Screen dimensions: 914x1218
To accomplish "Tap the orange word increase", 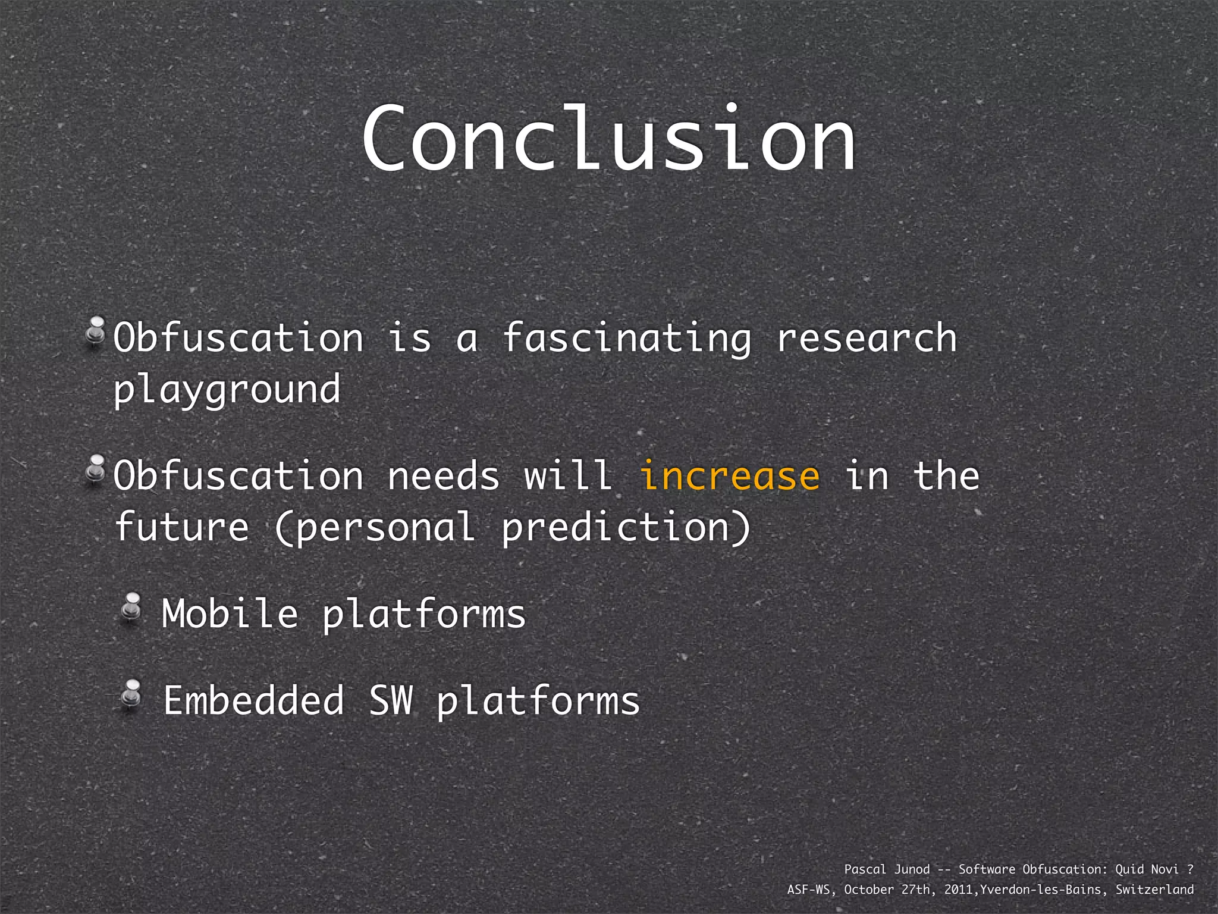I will tap(729, 477).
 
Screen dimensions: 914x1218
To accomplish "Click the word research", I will tap(867, 338).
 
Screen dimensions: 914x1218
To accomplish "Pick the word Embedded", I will tap(254, 700).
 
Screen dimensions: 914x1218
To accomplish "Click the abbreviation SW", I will tap(391, 700).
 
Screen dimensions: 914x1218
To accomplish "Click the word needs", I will tap(443, 477).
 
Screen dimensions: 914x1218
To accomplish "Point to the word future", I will tap(181, 527).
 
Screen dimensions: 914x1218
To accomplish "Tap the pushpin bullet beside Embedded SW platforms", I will tap(131, 694).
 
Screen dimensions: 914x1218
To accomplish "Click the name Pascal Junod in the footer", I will tap(887, 869).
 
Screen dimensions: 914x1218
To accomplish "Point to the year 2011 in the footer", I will tap(959, 890).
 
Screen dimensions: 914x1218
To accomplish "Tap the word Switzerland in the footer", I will tap(1154, 890).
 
